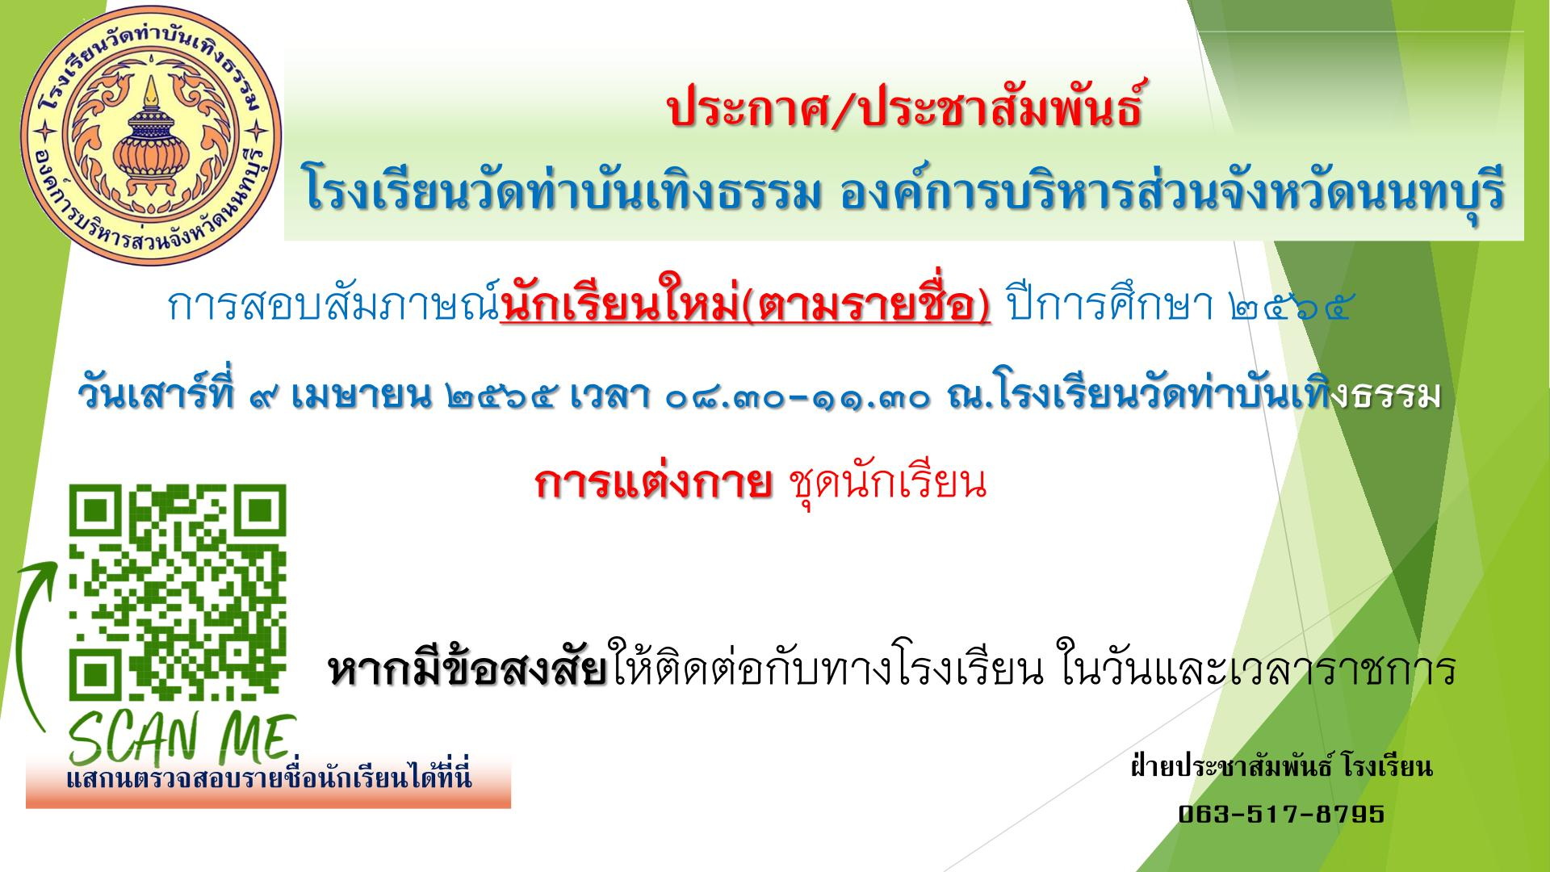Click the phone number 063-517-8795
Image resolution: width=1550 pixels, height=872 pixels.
coord(1281,813)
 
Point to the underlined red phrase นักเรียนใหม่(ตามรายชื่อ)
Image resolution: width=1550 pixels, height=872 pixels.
coord(745,308)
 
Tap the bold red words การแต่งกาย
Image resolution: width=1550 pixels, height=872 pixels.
coord(652,484)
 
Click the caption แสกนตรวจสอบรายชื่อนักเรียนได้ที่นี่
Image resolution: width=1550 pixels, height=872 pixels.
coord(269,779)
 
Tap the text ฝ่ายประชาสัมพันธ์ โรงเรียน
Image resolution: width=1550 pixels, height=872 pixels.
coord(1281,767)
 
